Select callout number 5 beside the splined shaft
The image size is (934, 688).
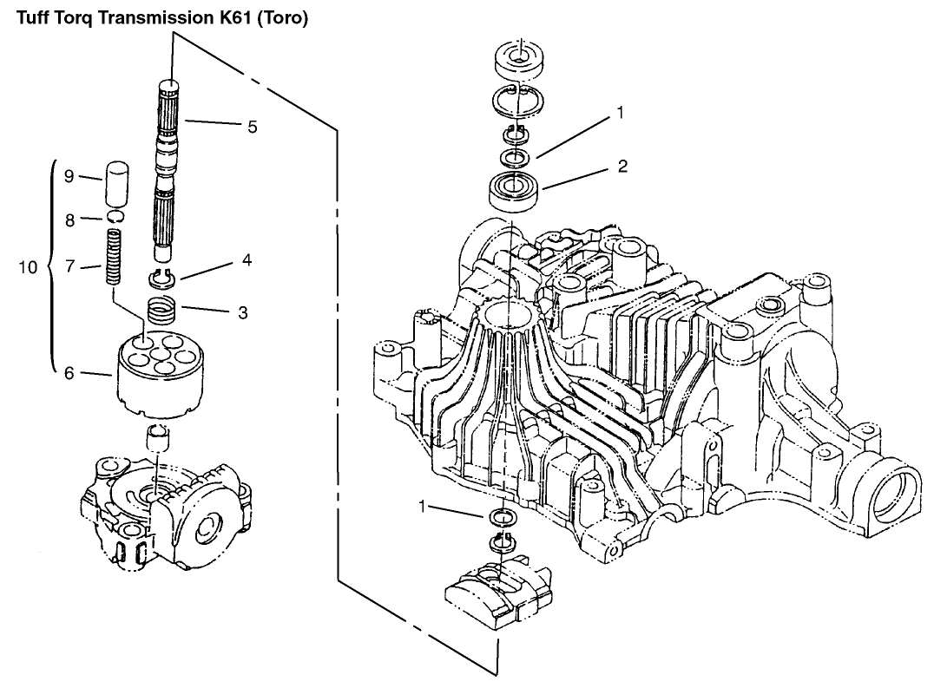pyautogui.click(x=252, y=126)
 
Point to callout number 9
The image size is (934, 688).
pyautogui.click(x=69, y=176)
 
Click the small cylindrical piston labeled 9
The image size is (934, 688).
pyautogui.click(x=116, y=180)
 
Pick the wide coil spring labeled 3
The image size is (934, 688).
pyautogui.click(x=162, y=311)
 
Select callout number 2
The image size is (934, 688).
pyautogui.click(x=622, y=166)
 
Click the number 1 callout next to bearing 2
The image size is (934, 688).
pyautogui.click(x=619, y=112)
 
